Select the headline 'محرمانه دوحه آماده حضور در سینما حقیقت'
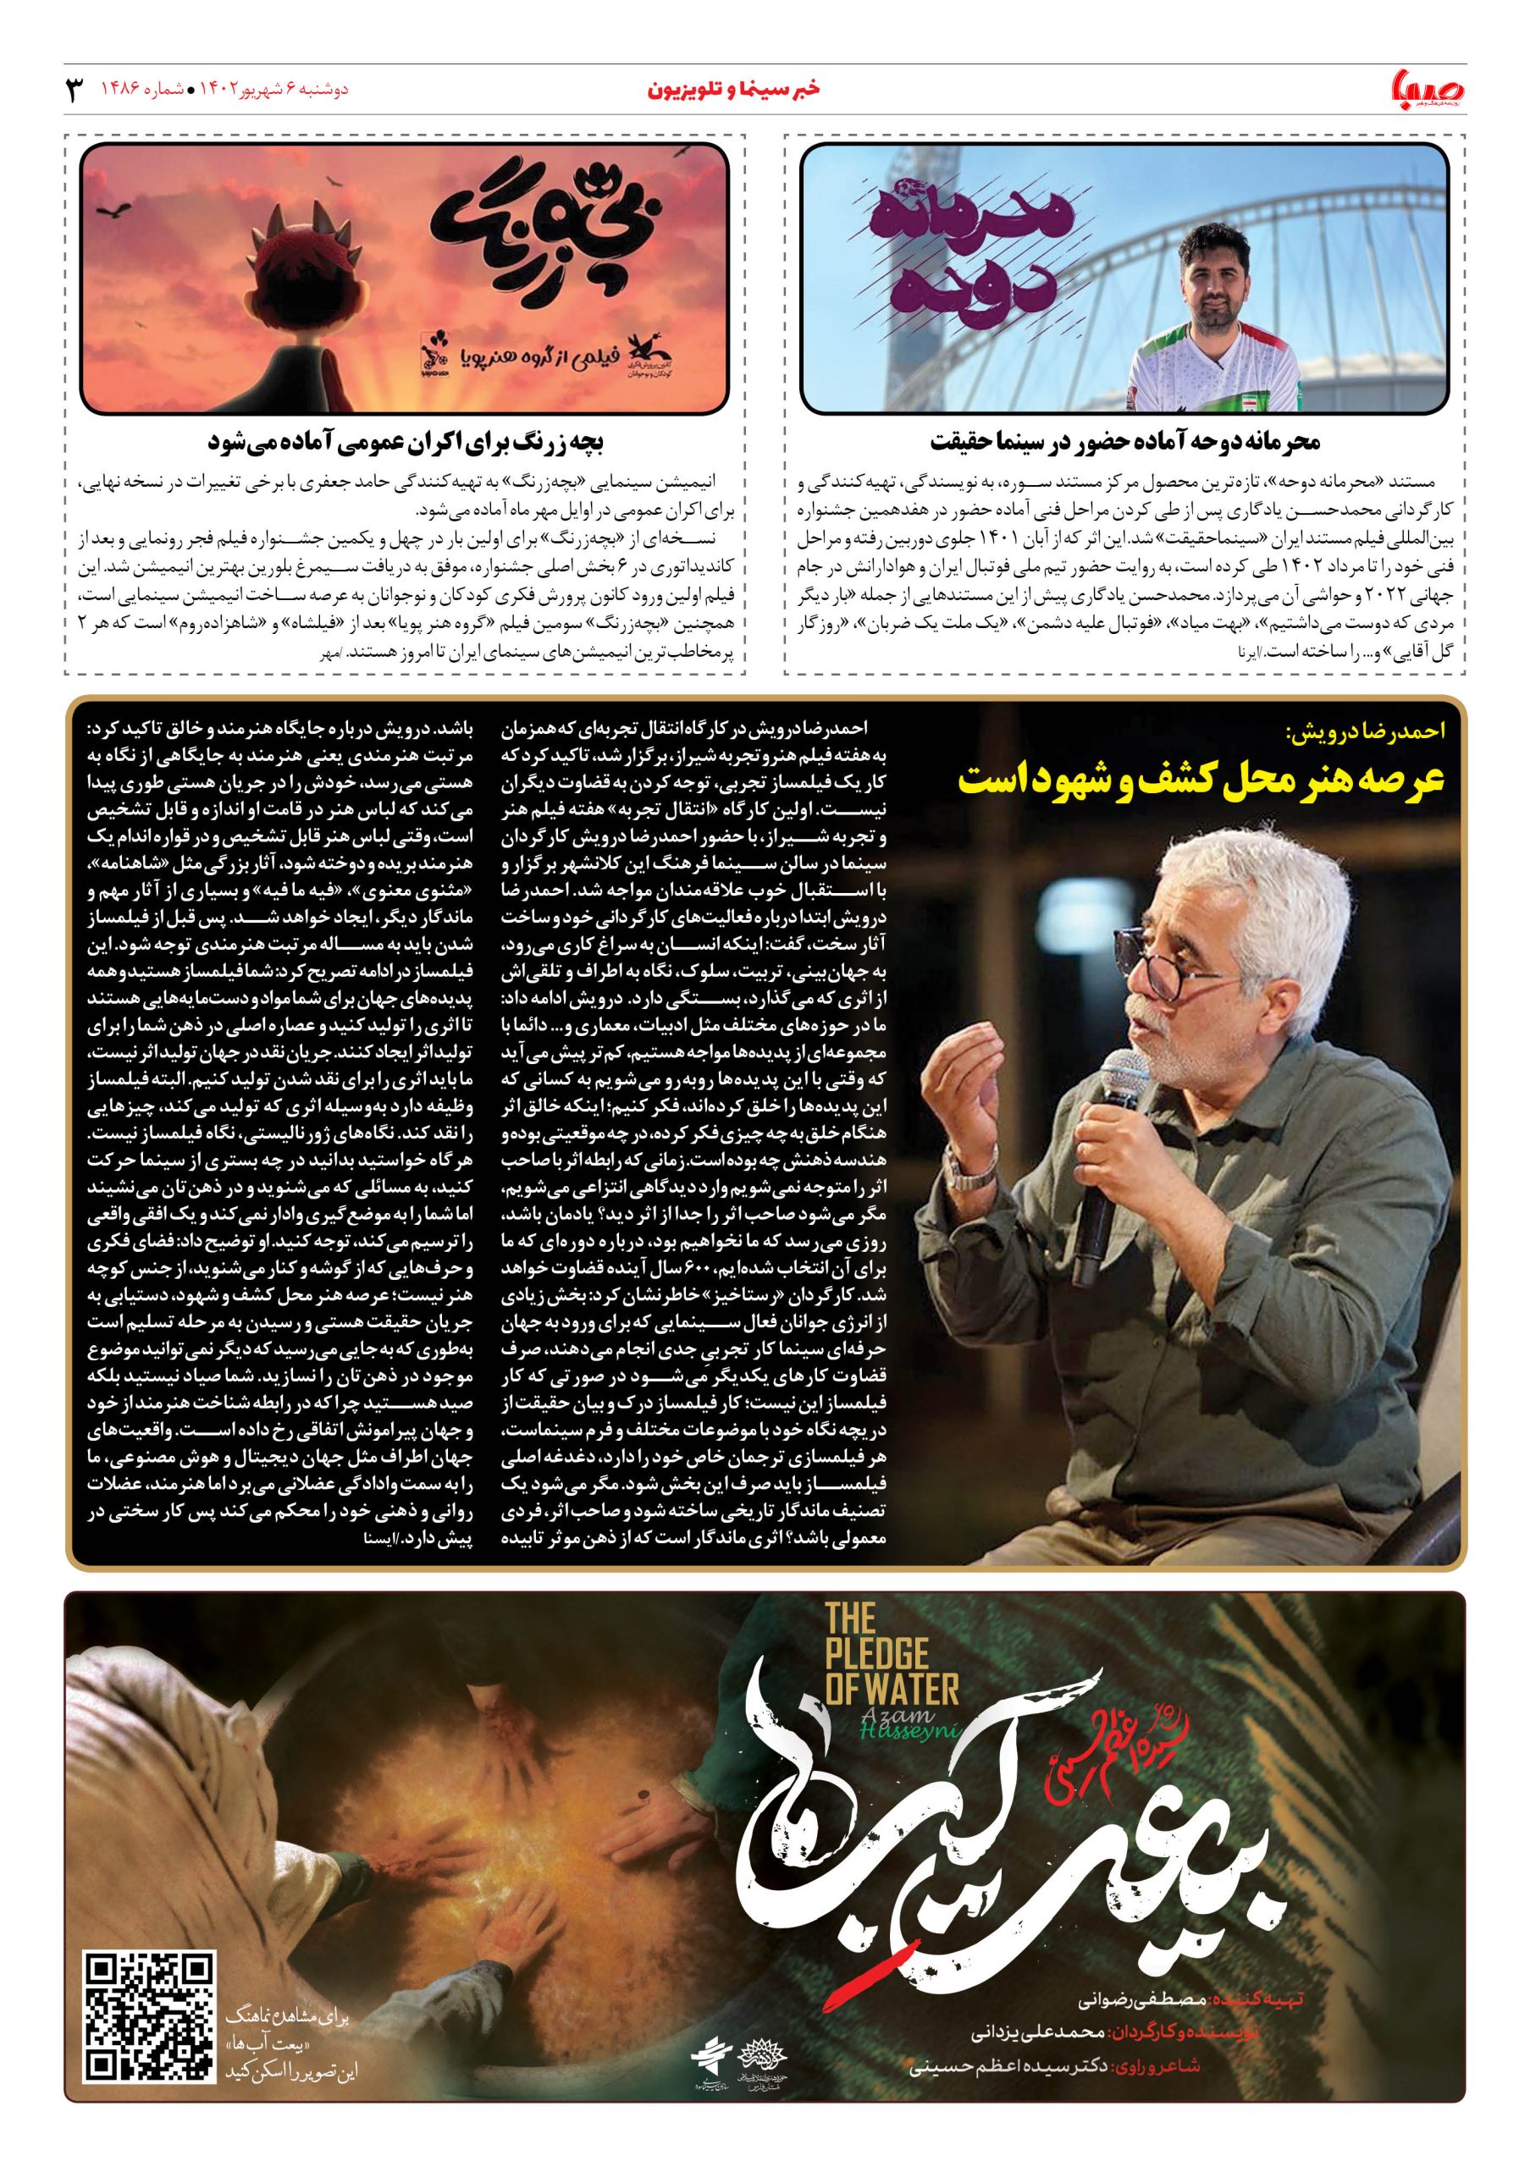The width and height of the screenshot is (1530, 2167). click(1125, 442)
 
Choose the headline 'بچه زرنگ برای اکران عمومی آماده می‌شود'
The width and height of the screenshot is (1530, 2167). click(405, 442)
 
